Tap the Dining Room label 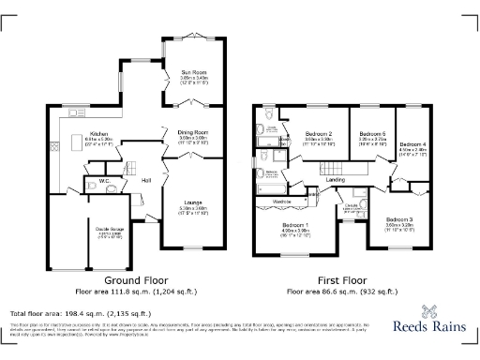193,133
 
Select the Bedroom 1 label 295,225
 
